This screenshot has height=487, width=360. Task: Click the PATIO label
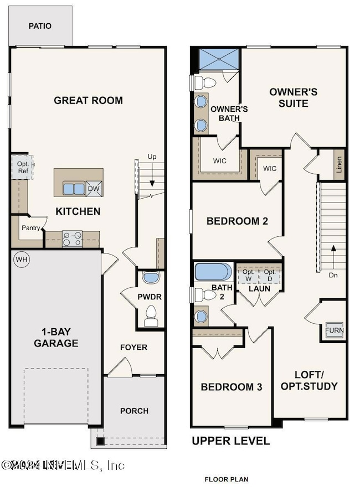40,26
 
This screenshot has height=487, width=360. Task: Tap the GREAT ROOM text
88,100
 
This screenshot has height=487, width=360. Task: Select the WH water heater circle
21,259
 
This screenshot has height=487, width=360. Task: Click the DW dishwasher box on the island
94,189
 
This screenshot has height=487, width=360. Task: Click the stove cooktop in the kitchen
72,239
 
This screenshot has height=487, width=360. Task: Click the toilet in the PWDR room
150,317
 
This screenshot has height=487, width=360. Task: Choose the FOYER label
134,347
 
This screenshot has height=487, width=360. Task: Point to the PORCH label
134,411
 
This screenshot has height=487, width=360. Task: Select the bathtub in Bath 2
213,272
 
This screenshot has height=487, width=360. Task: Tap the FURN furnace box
333,330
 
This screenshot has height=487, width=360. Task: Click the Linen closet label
339,165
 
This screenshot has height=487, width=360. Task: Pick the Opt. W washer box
248,275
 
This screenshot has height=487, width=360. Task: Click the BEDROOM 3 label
231,387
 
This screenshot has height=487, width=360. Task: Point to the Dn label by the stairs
332,274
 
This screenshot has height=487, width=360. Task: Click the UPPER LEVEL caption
230,441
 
